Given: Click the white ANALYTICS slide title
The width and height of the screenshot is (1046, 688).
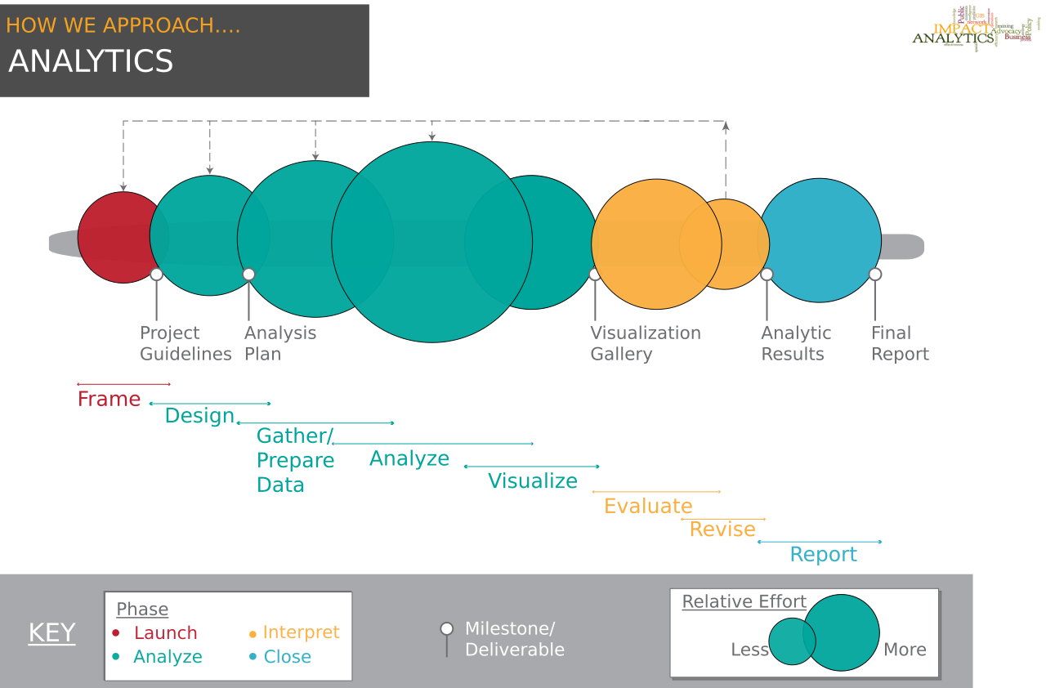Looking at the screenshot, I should (x=91, y=62).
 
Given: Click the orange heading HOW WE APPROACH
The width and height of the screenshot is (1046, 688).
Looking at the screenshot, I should (x=123, y=25).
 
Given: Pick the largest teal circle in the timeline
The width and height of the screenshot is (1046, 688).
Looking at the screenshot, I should (x=431, y=242).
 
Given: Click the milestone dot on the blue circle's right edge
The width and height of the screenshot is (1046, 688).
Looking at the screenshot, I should (x=875, y=275).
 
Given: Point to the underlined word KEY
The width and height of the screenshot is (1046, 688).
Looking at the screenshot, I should (x=51, y=633).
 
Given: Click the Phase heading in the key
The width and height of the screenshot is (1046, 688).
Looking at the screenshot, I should (x=142, y=610).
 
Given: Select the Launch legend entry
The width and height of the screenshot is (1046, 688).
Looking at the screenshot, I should (x=165, y=633).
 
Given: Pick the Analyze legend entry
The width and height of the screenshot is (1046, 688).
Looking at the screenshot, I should (x=168, y=657).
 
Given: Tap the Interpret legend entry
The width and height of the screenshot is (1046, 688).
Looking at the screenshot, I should (x=301, y=632).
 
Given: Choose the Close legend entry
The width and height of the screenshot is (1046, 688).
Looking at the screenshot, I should (x=287, y=657).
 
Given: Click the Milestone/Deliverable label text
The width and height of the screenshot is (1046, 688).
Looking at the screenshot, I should (x=514, y=639).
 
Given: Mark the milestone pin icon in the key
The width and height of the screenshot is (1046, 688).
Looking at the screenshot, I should (x=447, y=629).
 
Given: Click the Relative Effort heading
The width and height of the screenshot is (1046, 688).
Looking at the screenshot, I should (x=744, y=602).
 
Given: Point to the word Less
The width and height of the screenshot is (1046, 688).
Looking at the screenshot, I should (x=749, y=650).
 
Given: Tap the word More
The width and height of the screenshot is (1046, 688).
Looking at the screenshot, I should (x=905, y=650).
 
